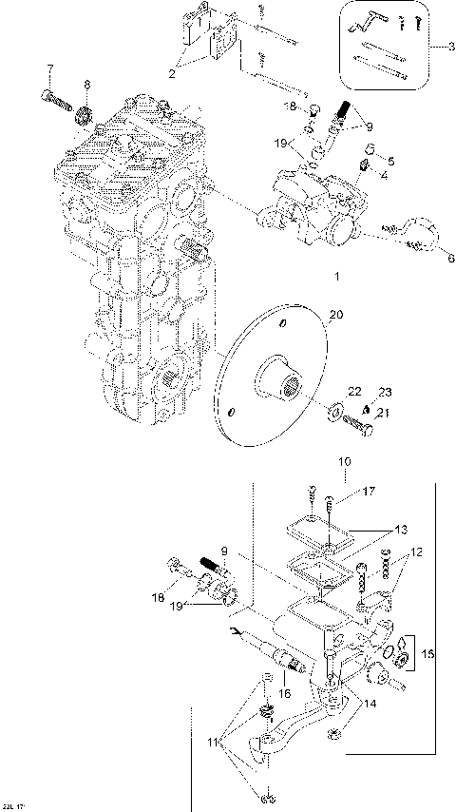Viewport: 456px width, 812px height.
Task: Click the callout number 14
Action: click(x=369, y=705)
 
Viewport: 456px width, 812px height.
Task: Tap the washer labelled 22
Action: click(x=337, y=411)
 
